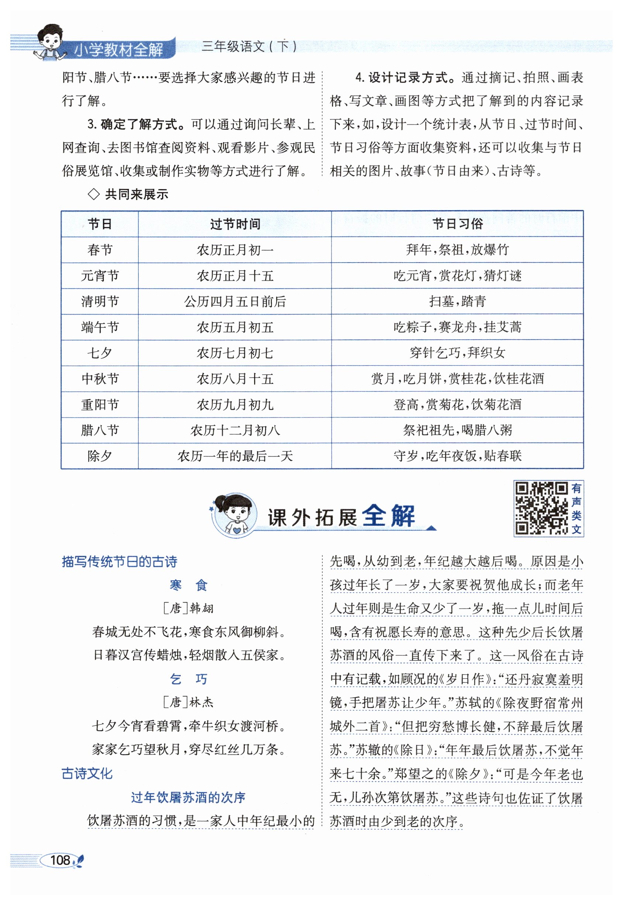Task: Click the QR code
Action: [x=541, y=508]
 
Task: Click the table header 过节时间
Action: [x=235, y=224]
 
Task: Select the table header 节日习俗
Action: [x=457, y=224]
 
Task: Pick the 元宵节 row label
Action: [x=100, y=276]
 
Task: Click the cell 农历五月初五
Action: [x=235, y=327]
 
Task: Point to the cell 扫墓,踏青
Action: [x=457, y=302]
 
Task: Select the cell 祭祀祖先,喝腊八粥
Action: [x=457, y=430]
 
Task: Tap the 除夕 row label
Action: [x=100, y=456]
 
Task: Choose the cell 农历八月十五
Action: [x=235, y=379]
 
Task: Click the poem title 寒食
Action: [x=188, y=585]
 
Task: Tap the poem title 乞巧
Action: [x=188, y=679]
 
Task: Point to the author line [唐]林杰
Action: [x=188, y=703]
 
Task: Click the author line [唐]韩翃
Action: [x=188, y=608]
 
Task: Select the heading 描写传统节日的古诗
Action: [x=120, y=562]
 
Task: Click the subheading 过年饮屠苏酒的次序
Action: [x=188, y=797]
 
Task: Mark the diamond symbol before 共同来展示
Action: [x=94, y=194]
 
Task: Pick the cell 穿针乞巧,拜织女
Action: [x=457, y=353]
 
